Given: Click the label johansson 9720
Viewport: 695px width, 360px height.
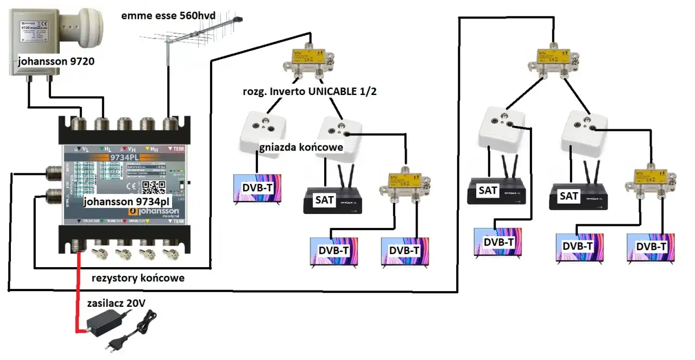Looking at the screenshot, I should tap(55, 61).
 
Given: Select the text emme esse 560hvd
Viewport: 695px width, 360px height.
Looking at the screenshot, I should tap(168, 16).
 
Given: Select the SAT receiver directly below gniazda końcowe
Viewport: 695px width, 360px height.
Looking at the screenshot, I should tap(332, 201).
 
